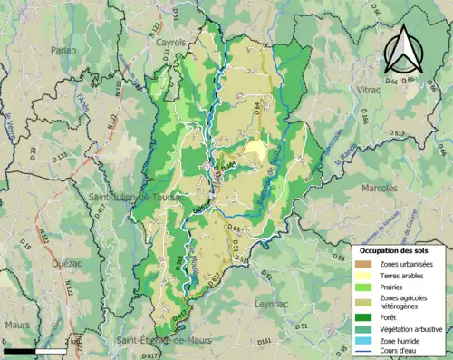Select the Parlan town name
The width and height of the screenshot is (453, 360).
[64, 51]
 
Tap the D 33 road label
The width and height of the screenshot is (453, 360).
[33, 151]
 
